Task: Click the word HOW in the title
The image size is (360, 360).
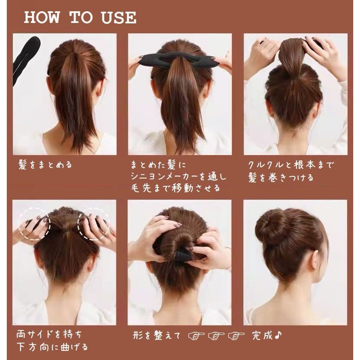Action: click(42, 17)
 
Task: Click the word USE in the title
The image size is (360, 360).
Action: click(118, 18)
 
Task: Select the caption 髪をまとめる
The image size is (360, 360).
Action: click(45, 165)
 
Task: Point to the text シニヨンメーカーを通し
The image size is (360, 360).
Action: click(179, 176)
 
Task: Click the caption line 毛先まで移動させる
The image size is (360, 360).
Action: click(176, 188)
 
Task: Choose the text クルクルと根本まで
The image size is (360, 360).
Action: click(290, 165)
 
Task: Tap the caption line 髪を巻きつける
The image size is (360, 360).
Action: click(281, 178)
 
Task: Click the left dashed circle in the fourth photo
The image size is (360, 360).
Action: click(34, 224)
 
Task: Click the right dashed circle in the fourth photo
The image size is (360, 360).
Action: click(94, 224)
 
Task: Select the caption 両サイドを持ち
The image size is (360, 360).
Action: click(49, 334)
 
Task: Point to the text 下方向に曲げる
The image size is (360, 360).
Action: click(52, 347)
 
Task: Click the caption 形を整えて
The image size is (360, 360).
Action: click(157, 336)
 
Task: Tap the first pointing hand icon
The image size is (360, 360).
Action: click(196, 336)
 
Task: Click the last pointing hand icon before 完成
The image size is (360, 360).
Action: click(236, 336)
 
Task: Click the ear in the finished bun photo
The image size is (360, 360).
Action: click(315, 260)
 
